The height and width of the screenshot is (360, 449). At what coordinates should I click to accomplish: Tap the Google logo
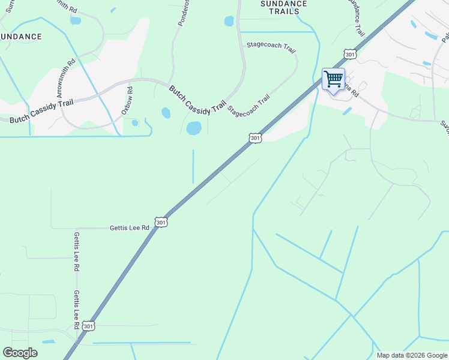[20, 352]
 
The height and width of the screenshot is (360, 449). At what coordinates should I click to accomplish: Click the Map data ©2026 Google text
[412, 355]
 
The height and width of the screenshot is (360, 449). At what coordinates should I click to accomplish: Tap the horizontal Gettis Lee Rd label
[129, 228]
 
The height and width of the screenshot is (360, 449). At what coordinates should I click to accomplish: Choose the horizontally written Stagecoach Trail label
[271, 47]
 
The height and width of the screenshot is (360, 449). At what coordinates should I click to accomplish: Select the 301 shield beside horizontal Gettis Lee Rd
[160, 222]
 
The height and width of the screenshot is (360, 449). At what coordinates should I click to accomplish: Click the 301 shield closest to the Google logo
[88, 326]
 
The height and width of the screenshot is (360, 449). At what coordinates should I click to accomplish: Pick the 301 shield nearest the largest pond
[256, 138]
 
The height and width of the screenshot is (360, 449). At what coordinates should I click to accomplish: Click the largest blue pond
[193, 128]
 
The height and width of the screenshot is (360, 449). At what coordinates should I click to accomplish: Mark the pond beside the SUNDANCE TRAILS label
[229, 22]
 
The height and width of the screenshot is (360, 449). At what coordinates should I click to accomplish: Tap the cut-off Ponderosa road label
[182, 12]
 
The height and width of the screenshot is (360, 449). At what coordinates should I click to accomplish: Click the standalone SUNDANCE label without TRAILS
[21, 37]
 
